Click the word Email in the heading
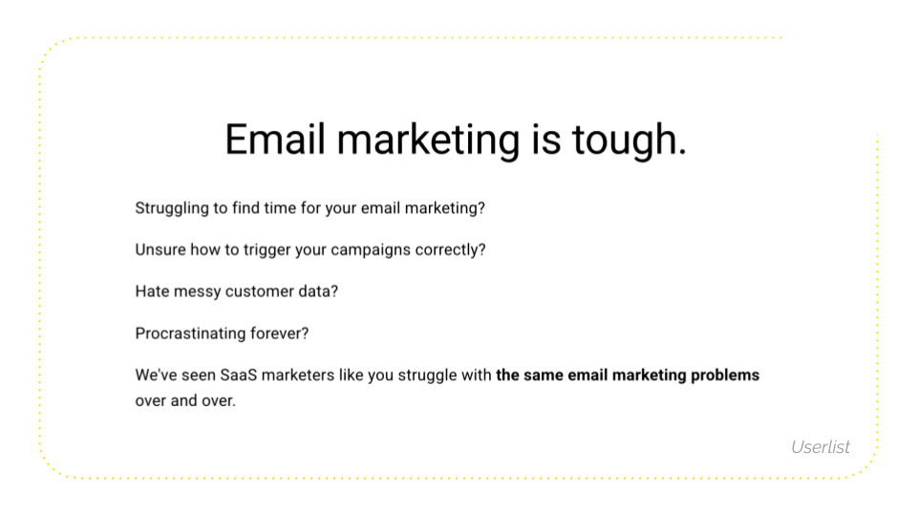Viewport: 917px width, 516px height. tap(275, 140)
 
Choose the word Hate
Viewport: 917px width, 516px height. tap(152, 291)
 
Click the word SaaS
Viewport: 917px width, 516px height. tap(239, 375)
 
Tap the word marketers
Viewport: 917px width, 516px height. tap(298, 375)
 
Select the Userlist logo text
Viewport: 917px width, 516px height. tap(821, 447)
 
